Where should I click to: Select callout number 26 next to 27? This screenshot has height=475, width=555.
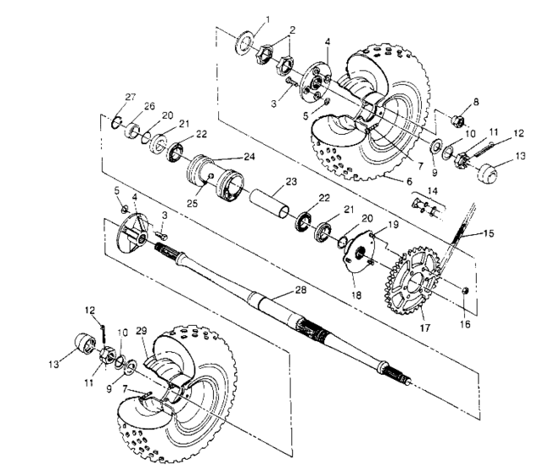click(x=150, y=106)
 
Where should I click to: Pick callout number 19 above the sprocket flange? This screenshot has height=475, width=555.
click(x=392, y=223)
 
